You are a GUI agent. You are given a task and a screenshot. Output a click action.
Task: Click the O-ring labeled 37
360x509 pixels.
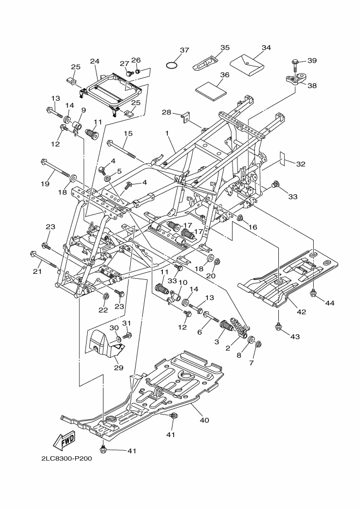(173, 65)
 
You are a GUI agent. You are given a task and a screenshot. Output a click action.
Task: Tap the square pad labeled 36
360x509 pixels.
(210, 88)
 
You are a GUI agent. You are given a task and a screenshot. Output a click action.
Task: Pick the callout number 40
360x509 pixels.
(204, 420)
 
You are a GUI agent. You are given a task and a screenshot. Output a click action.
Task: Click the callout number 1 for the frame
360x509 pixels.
(167, 132)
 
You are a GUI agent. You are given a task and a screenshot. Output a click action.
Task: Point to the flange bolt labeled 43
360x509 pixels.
(279, 327)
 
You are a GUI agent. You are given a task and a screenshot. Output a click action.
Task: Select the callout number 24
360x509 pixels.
(94, 62)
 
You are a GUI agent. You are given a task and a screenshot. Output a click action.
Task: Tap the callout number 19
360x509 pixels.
(45, 184)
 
